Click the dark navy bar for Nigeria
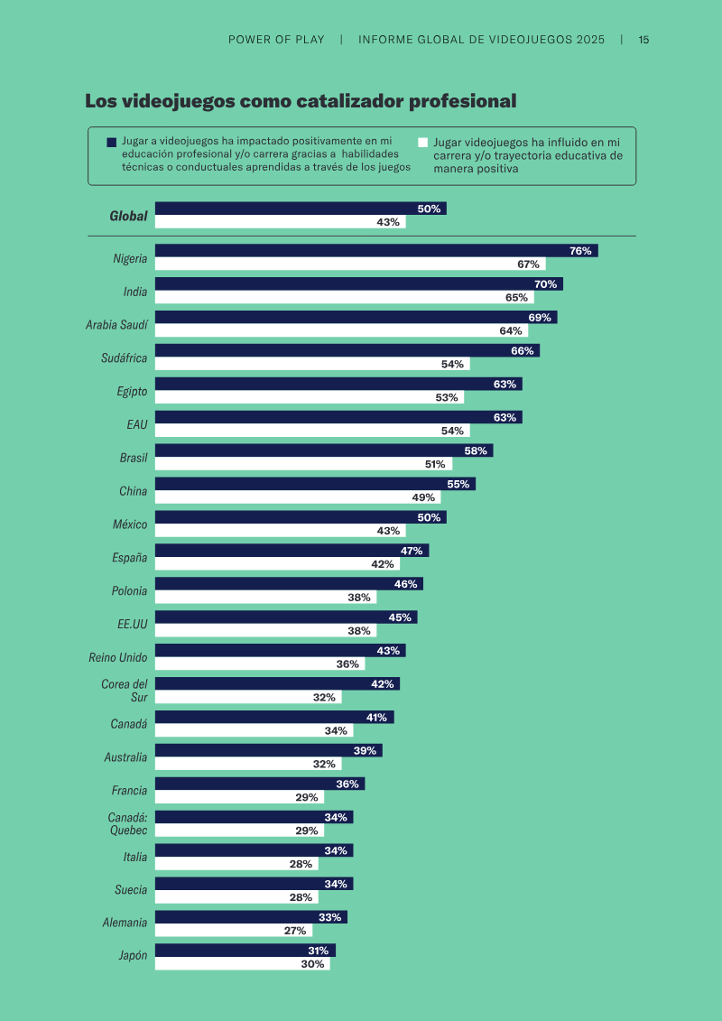click(x=376, y=251)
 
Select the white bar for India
click(x=345, y=298)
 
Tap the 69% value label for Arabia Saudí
click(x=540, y=318)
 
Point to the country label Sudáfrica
click(x=124, y=358)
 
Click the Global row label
click(x=128, y=216)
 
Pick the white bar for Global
click(x=280, y=222)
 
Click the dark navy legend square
click(x=111, y=142)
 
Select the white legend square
click(x=422, y=142)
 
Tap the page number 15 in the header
click(x=643, y=40)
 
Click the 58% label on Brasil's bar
click(x=476, y=450)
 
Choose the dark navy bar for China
click(x=315, y=484)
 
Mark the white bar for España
click(x=277, y=564)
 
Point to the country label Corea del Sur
click(x=125, y=691)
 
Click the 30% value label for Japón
click(x=312, y=964)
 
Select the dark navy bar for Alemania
click(x=251, y=917)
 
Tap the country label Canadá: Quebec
click(x=127, y=823)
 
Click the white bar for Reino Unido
click(x=260, y=664)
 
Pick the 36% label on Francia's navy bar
click(x=347, y=784)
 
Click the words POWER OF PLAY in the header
click(x=276, y=40)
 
